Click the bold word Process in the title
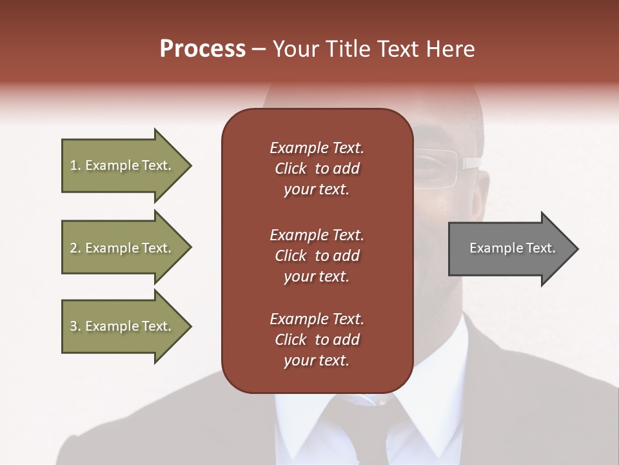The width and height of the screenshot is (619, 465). [x=202, y=49]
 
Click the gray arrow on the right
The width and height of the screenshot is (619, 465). [x=509, y=248]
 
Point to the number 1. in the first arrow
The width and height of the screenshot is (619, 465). [x=75, y=165]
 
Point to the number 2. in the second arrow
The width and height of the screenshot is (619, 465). [x=75, y=248]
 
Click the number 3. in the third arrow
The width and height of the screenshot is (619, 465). [x=75, y=326]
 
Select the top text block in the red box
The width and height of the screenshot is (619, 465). [x=317, y=169]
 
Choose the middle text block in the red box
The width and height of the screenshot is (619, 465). [x=317, y=256]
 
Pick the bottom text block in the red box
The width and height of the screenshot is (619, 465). [x=317, y=340]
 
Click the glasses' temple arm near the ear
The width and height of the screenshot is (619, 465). [x=471, y=163]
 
